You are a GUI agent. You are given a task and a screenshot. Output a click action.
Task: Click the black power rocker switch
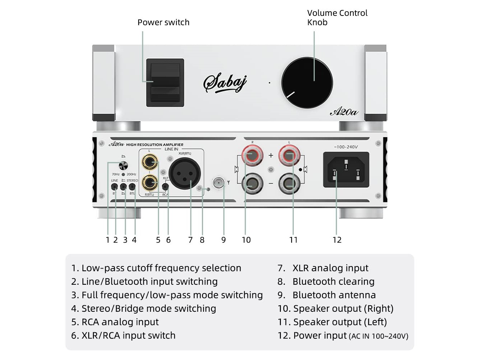point(165,82)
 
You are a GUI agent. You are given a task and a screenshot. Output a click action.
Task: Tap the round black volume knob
point(307,83)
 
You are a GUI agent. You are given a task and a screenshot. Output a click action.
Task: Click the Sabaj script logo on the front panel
point(225,82)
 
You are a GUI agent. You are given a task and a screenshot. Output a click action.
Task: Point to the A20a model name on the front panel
point(344,112)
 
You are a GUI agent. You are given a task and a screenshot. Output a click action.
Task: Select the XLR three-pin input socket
point(185,174)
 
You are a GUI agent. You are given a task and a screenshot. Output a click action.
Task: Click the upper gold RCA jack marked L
point(150,162)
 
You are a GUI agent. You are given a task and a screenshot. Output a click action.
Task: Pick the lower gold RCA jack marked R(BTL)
point(150,183)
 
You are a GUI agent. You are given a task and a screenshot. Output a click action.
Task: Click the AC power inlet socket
point(346,170)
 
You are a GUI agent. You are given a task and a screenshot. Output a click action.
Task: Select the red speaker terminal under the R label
point(252,156)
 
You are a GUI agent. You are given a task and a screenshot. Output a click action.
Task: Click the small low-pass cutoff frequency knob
point(123,166)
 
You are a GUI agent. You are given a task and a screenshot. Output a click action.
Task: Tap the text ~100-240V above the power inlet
point(346,147)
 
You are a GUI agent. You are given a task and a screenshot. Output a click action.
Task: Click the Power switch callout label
point(163,22)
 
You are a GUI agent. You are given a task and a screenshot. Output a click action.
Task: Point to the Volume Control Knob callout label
point(337,17)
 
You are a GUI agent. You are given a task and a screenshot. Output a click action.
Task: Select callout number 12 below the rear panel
point(337,240)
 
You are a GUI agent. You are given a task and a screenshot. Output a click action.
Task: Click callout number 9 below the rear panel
point(224,240)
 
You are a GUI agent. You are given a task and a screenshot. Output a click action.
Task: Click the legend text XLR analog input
point(330,268)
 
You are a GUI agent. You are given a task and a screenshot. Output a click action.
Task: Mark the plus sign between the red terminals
point(271,156)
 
